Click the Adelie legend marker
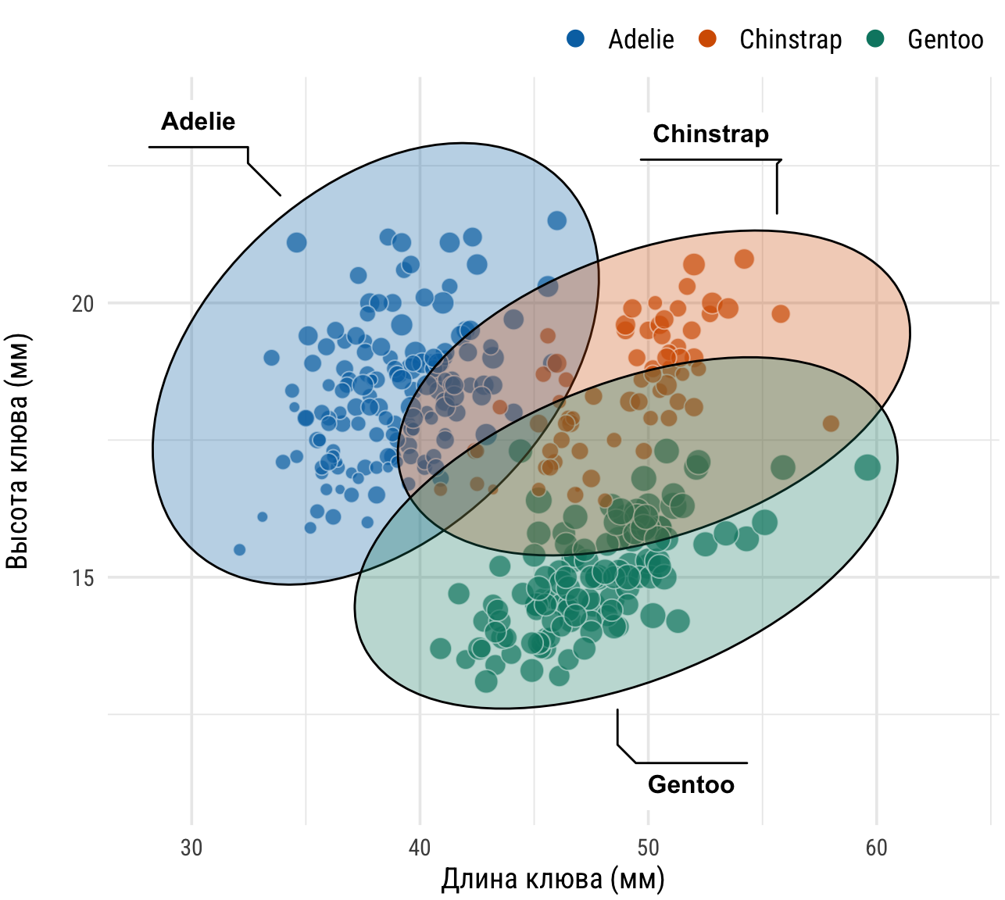click(575, 38)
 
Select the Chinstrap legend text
click(790, 39)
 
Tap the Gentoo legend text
click(945, 39)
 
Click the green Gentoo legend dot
click(875, 38)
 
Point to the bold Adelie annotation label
click(198, 121)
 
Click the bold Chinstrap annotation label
click(710, 134)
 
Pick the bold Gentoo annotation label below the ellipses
click(691, 784)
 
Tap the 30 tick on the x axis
click(191, 848)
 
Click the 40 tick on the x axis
click(420, 848)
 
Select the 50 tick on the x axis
click(648, 848)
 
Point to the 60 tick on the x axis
click(876, 848)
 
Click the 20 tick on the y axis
click(83, 303)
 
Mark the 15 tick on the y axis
click(83, 578)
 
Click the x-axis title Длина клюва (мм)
click(553, 879)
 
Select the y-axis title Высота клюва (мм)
click(17, 452)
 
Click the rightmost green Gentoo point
click(867, 468)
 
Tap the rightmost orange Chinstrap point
click(831, 423)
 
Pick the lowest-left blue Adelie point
click(240, 550)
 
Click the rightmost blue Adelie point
click(556, 220)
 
